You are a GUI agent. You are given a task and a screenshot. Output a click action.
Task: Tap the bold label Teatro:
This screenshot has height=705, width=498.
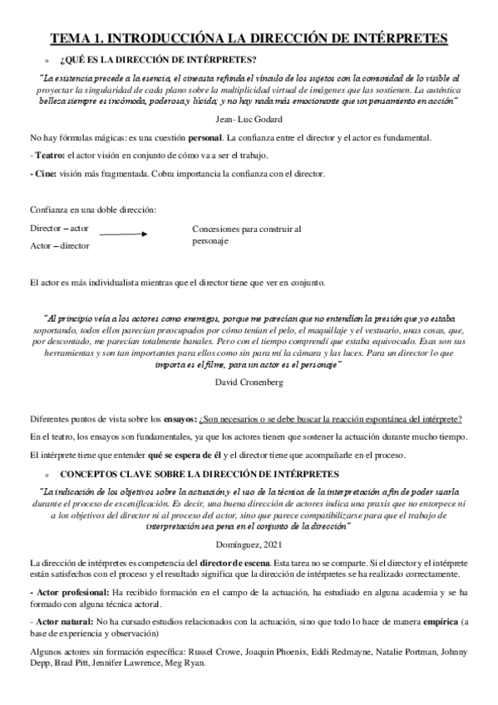(49, 155)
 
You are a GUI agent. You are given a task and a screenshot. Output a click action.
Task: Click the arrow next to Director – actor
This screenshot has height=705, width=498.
(123, 235)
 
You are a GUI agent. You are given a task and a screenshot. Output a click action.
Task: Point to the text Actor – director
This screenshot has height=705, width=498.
(60, 246)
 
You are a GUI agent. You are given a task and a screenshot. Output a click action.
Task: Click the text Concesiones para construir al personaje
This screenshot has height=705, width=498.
(245, 234)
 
